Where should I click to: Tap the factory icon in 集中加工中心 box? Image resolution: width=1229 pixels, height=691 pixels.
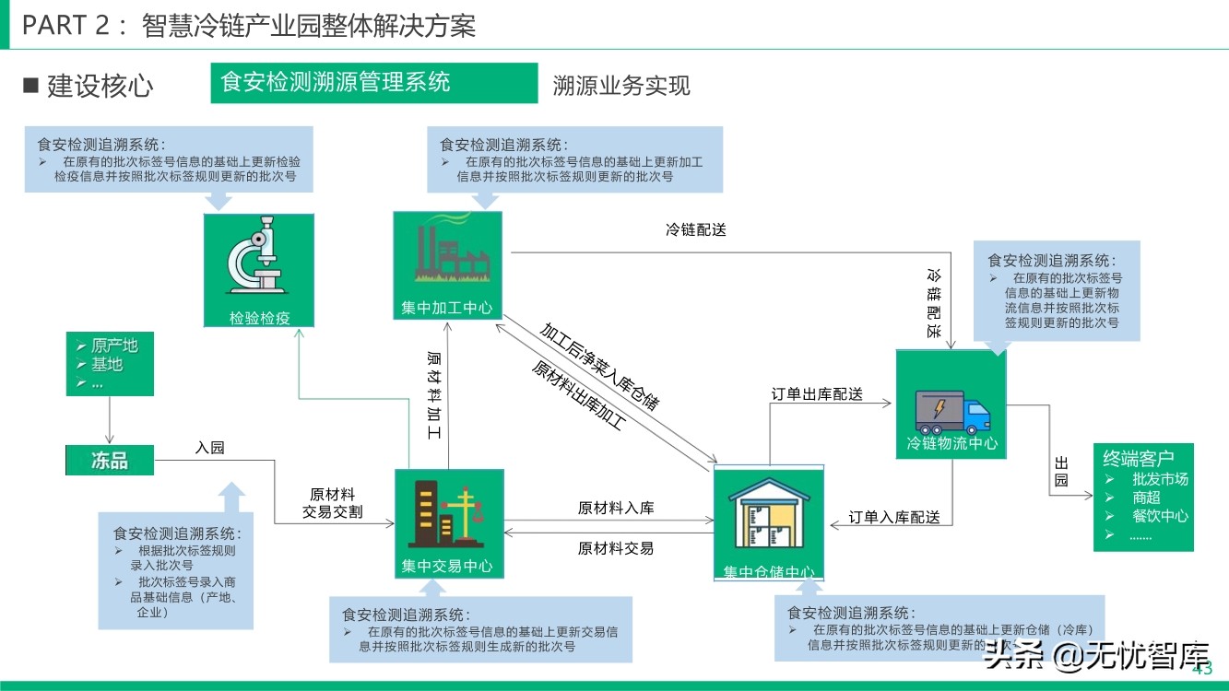(447, 252)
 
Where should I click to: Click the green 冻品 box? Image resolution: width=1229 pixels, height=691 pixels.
(110, 461)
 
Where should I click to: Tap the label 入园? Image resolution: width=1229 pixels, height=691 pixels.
(210, 448)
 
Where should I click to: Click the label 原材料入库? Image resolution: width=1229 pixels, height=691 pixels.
(615, 508)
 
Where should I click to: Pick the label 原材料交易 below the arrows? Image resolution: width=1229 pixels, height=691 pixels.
(615, 548)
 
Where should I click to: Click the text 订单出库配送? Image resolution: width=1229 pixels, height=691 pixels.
(817, 393)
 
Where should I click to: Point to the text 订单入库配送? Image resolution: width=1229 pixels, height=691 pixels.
(893, 517)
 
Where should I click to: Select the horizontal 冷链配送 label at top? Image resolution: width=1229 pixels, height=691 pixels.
(696, 229)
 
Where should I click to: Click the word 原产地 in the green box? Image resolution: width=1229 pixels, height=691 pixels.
(114, 345)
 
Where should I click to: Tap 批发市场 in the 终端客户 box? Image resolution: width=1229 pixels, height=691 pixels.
(1160, 479)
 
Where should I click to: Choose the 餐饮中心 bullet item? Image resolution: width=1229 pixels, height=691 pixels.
(1160, 516)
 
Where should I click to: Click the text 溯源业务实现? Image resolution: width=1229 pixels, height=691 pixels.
(621, 86)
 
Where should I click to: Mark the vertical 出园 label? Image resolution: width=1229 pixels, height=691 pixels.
(1060, 471)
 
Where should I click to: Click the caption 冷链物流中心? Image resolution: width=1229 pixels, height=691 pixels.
(951, 443)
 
